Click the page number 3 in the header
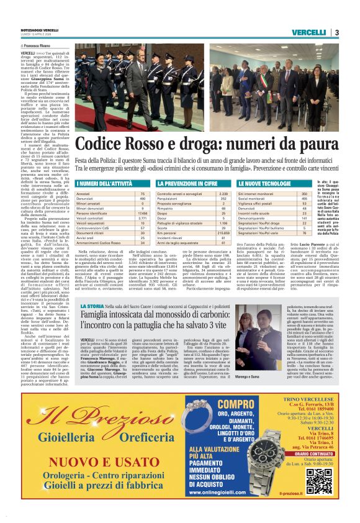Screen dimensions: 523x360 pos(336,32)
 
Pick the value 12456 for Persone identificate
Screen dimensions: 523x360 pos(142,212)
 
